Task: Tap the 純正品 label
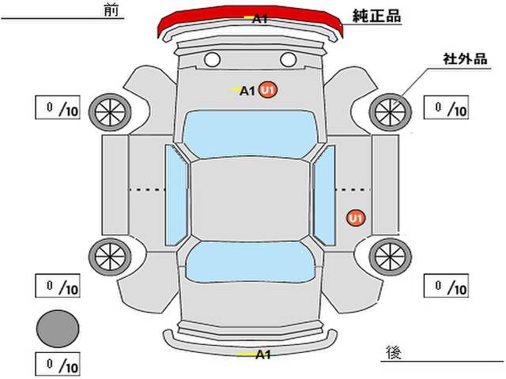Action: point(376,16)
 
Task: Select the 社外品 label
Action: point(465,59)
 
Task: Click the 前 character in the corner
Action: point(111,10)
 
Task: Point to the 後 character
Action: point(394,353)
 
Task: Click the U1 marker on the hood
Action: point(269,90)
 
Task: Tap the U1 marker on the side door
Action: point(356,219)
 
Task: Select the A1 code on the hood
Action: point(247,92)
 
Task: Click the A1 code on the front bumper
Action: point(260,19)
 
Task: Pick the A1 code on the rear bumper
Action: point(263,355)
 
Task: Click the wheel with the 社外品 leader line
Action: point(390,112)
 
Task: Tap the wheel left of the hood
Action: point(110,112)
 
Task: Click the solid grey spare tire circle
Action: point(58,328)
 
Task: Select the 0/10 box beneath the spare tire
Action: point(58,365)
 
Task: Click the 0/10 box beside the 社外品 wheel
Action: point(446,107)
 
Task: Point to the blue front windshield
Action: point(250,133)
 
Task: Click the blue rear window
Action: point(250,261)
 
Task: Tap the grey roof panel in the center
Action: point(250,200)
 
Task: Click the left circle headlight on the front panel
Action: point(212,60)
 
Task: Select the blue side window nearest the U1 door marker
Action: point(325,195)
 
